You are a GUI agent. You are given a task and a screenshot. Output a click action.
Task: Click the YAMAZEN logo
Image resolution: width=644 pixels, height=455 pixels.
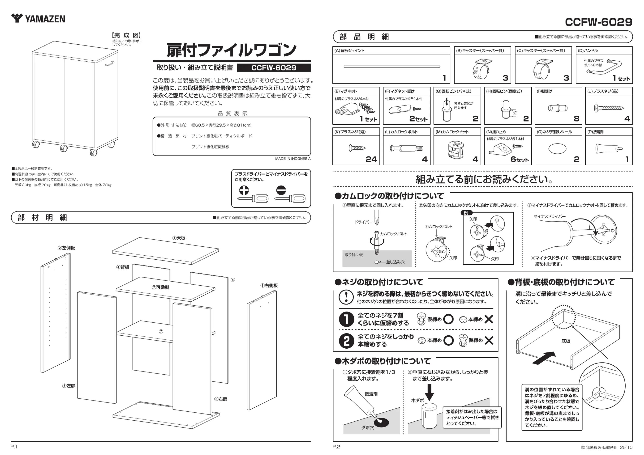(38, 18)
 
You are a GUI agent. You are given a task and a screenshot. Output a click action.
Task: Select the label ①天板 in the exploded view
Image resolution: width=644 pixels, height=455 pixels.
(179, 238)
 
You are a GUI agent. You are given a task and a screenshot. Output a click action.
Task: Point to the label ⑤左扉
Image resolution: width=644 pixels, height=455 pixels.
(69, 386)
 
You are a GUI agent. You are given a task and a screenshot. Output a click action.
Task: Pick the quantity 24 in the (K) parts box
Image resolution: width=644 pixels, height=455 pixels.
(371, 159)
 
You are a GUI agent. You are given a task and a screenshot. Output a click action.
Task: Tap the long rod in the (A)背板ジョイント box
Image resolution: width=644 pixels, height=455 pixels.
(392, 67)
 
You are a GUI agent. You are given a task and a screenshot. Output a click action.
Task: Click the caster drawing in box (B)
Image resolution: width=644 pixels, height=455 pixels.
(482, 69)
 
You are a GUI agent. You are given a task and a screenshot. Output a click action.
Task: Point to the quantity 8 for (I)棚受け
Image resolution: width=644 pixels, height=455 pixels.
(577, 119)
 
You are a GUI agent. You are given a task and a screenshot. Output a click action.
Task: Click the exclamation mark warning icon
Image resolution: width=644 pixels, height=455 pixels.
(346, 297)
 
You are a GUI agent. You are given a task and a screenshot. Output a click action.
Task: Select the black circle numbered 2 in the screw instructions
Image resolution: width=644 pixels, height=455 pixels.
(346, 341)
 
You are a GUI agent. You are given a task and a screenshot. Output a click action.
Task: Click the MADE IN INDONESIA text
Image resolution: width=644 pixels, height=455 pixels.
(293, 159)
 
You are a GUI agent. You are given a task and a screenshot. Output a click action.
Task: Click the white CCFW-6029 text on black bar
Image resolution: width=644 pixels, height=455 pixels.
(274, 68)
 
